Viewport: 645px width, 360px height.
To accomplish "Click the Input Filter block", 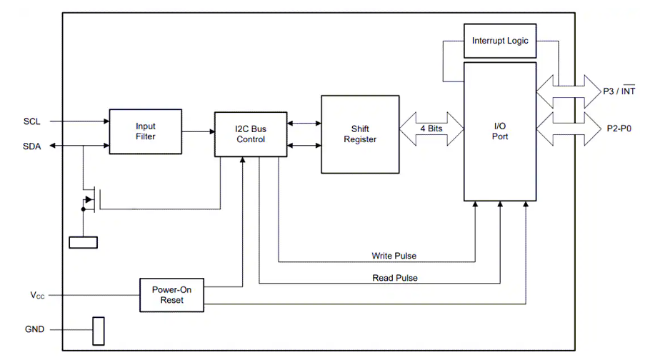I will [x=145, y=131].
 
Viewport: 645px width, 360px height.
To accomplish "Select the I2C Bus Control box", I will [x=250, y=134].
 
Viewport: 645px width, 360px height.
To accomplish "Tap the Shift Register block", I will [x=359, y=134].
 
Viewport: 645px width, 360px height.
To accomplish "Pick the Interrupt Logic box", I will [x=500, y=41].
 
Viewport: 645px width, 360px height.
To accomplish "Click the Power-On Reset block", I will [x=171, y=294].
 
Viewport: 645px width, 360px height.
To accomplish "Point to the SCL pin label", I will [x=31, y=121].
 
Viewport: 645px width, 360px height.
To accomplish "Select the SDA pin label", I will [x=31, y=146].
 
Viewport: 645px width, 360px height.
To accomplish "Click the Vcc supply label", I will [x=36, y=294].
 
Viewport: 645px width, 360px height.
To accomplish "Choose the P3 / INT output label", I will [x=619, y=91].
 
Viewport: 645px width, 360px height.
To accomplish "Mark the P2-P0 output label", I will [x=619, y=129].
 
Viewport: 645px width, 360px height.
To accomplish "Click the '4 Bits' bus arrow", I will [x=431, y=129].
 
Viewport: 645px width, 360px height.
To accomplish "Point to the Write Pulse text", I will [x=394, y=256].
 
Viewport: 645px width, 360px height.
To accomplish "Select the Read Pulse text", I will [x=395, y=278].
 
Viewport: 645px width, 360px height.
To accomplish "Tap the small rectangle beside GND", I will [x=99, y=330].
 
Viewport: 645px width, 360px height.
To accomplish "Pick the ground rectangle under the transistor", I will [x=83, y=242].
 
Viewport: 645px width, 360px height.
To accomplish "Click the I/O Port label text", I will [x=500, y=131].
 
